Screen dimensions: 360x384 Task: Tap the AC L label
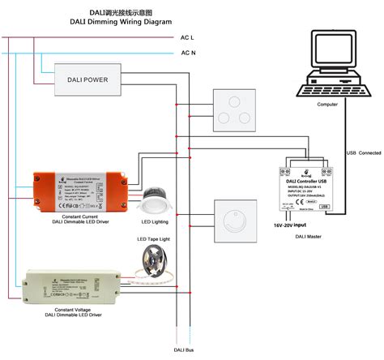coord(188,37)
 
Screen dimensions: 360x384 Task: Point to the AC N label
coord(188,54)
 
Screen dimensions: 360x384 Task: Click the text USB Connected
coord(363,152)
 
